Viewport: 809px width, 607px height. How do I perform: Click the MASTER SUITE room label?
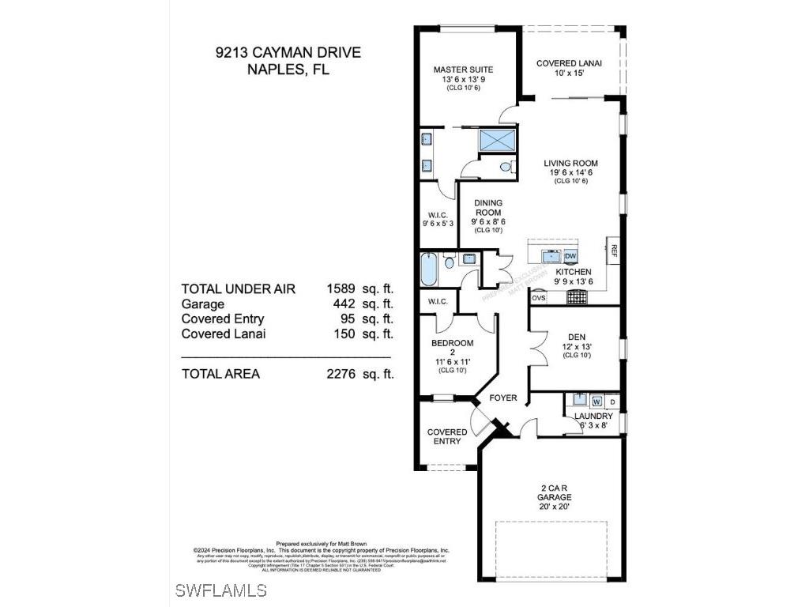(457, 70)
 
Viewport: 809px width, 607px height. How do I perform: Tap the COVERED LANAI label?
(569, 64)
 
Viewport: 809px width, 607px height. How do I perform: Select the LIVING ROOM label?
(570, 164)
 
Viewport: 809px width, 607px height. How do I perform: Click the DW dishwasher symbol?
(570, 256)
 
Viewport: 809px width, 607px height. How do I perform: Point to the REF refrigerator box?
(613, 251)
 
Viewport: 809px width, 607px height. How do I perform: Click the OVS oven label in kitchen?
(538, 298)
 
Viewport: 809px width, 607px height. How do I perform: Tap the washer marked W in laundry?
(596, 401)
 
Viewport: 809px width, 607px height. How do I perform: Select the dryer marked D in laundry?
(612, 402)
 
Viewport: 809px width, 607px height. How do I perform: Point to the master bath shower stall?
(497, 140)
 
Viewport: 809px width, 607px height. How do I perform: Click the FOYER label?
(503, 398)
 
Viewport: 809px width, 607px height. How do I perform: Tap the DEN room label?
(577, 336)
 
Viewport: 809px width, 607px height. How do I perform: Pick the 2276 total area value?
(341, 374)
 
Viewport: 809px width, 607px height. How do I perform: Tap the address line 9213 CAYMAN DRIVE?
(288, 53)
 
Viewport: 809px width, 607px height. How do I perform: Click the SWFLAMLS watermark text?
(221, 590)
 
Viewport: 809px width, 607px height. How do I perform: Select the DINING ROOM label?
(487, 208)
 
